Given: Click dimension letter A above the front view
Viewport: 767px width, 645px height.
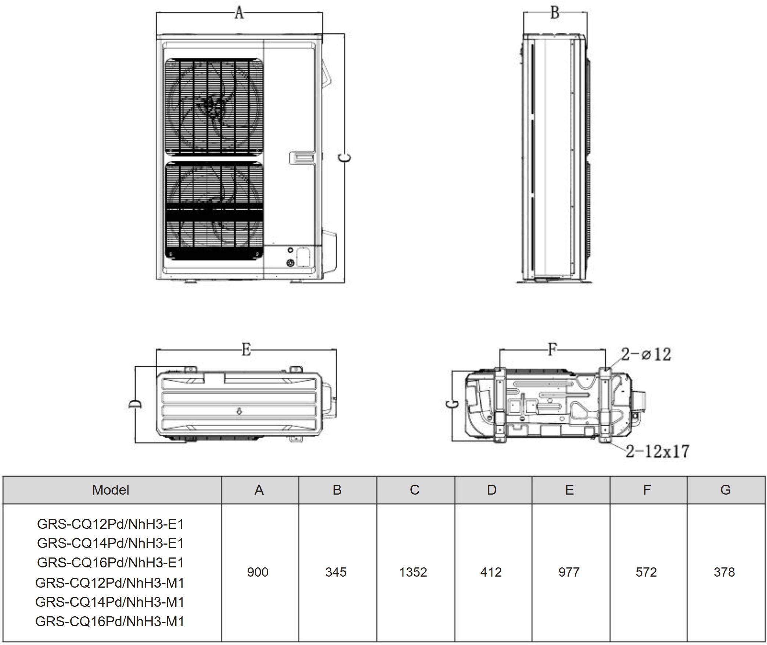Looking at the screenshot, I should click(x=239, y=13).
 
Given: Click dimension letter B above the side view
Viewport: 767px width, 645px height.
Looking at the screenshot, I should click(x=555, y=13).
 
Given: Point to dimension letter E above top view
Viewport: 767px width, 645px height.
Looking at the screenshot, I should click(x=246, y=349).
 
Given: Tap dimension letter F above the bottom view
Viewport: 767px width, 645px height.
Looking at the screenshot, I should click(x=552, y=349).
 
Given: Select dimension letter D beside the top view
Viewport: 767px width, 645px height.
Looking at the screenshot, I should click(x=135, y=404).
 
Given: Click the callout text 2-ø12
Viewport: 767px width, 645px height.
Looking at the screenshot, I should click(x=646, y=354).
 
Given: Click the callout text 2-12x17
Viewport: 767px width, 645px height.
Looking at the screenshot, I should click(x=658, y=451).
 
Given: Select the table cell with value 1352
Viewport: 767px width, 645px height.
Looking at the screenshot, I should click(x=413, y=572).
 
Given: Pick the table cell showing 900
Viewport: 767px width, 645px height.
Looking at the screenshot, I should click(x=258, y=572).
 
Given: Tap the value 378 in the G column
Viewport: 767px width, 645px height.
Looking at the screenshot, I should click(x=724, y=572).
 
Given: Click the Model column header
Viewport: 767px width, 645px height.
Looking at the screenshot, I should click(x=111, y=490).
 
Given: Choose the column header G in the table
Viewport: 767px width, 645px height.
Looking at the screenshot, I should click(x=725, y=490).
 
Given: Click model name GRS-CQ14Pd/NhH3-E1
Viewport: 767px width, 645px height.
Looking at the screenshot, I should click(x=110, y=543).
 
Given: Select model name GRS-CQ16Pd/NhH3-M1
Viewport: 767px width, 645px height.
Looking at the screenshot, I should click(x=109, y=621).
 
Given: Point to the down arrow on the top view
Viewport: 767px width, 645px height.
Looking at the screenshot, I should click(x=239, y=411).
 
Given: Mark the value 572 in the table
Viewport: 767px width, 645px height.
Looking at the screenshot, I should click(x=646, y=572).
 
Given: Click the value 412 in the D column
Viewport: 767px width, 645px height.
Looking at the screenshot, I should click(x=491, y=572).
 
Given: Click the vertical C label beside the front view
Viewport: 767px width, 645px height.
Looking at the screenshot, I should click(x=345, y=158).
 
